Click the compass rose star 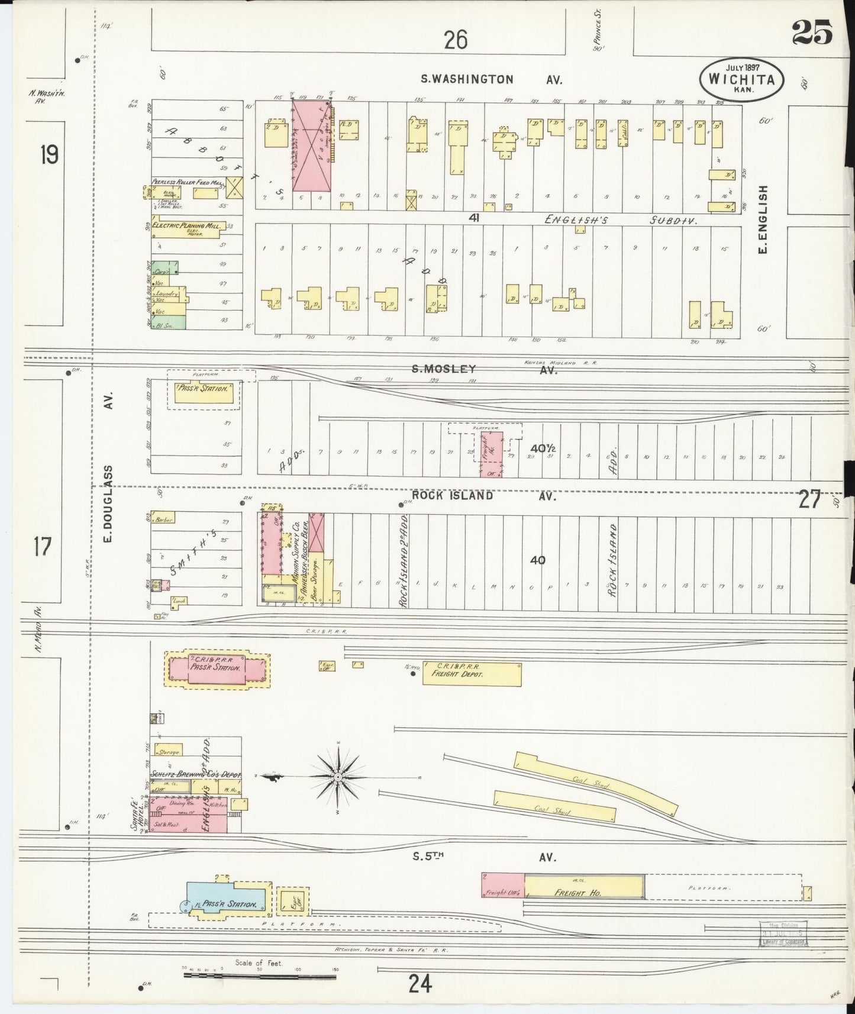click(337, 776)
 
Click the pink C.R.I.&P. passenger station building click(215, 670)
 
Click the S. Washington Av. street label click(491, 79)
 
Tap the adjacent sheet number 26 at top click(456, 40)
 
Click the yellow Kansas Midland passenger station click(204, 393)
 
